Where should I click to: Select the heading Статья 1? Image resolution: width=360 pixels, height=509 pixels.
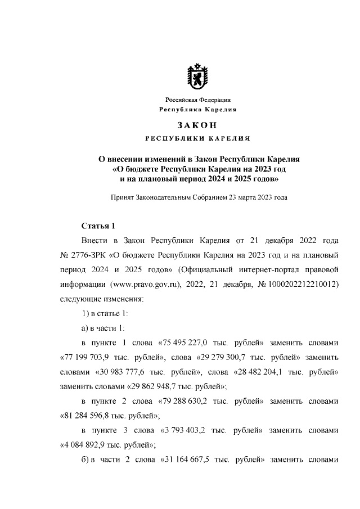[98, 227]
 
